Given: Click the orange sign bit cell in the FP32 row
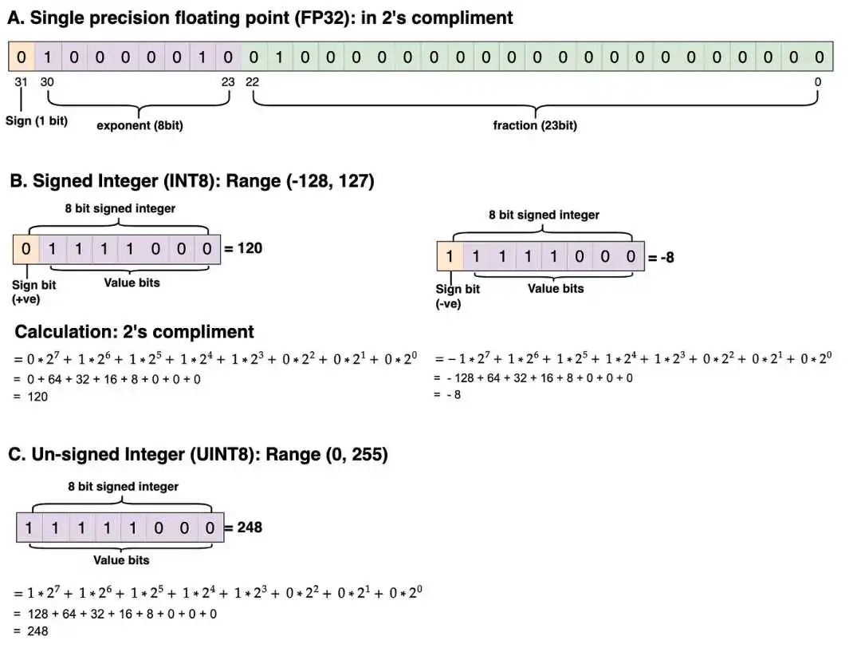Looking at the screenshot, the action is click(x=22, y=57).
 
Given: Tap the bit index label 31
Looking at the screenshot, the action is click(x=21, y=82).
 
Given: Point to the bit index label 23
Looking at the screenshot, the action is click(x=228, y=82).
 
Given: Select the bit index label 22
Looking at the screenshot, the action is click(x=252, y=82).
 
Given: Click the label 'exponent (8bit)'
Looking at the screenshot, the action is click(x=140, y=125).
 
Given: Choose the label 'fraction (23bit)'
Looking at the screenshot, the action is click(x=535, y=125).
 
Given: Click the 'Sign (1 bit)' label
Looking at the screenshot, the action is click(x=37, y=121).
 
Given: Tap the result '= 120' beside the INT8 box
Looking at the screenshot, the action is click(x=243, y=248).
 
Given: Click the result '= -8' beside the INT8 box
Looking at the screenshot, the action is click(x=661, y=257).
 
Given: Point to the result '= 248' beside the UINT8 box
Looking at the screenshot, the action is click(x=243, y=527).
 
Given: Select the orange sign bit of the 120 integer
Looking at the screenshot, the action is click(x=26, y=249).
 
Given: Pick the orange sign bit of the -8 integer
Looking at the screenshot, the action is click(x=450, y=256).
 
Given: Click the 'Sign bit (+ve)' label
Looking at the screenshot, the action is click(x=34, y=292).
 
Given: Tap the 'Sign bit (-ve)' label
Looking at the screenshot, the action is click(x=458, y=296).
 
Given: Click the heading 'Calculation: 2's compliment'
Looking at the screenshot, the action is click(x=135, y=332).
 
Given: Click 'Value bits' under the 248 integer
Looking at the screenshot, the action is click(x=121, y=560).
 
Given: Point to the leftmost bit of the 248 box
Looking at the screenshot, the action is click(x=29, y=527).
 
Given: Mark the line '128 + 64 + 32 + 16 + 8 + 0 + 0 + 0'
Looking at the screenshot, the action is click(x=123, y=614).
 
